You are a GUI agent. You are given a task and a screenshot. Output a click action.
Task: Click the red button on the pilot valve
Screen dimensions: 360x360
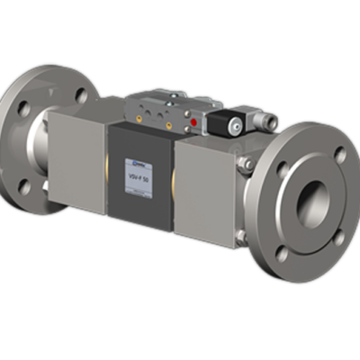(x=193, y=121)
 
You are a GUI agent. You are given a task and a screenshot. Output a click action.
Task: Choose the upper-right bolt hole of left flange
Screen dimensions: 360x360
(x=82, y=94)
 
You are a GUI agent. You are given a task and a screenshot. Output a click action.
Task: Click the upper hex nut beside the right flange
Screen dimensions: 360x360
(x=243, y=163)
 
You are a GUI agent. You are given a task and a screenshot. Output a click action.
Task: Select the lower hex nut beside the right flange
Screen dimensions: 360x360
(x=241, y=236)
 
